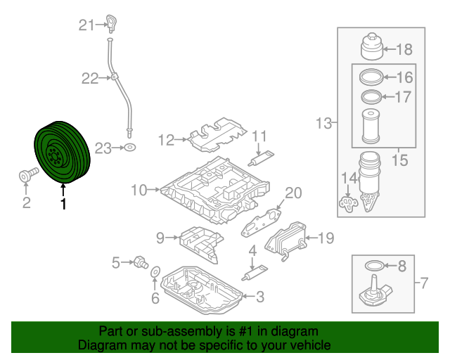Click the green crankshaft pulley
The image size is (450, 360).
[61, 152]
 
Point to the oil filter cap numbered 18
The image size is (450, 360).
[373, 48]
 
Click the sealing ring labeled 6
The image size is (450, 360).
[156, 272]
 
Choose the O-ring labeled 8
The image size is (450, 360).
[376, 266]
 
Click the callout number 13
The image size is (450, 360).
[323, 124]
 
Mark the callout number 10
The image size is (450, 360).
[138, 189]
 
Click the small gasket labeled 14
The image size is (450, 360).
[347, 202]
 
